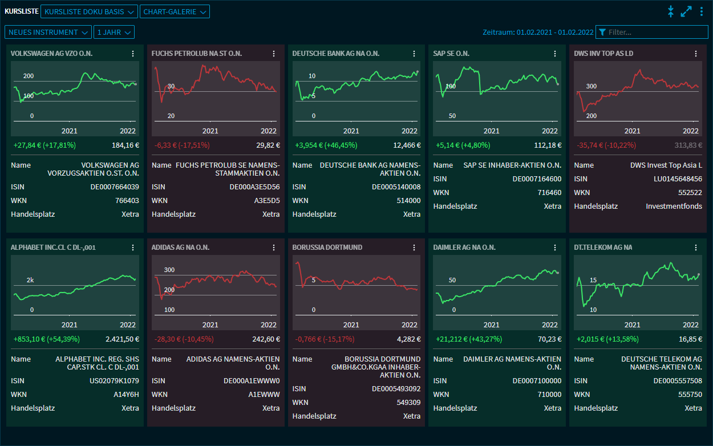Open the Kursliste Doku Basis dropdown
pyautogui.click(x=90, y=11)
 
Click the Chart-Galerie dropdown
pyautogui.click(x=175, y=11)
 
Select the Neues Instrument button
pyautogui.click(x=48, y=33)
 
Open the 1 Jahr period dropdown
pyautogui.click(x=114, y=33)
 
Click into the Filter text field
pyautogui.click(x=656, y=33)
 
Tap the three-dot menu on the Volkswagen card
pyautogui.click(x=133, y=54)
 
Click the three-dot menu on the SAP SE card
pyautogui.click(x=555, y=54)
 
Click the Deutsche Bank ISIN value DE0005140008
pyautogui.click(x=396, y=187)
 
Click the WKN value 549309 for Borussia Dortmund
pyautogui.click(x=409, y=403)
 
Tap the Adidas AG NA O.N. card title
pyautogui.click(x=180, y=248)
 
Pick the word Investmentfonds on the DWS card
pyautogui.click(x=674, y=206)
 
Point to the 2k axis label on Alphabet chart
pyautogui.click(x=31, y=280)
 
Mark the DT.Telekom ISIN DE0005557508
pyautogui.click(x=678, y=381)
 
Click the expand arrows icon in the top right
pyautogui.click(x=686, y=11)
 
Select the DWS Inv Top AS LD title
pyautogui.click(x=603, y=54)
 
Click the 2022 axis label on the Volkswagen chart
pyautogui.click(x=128, y=131)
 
